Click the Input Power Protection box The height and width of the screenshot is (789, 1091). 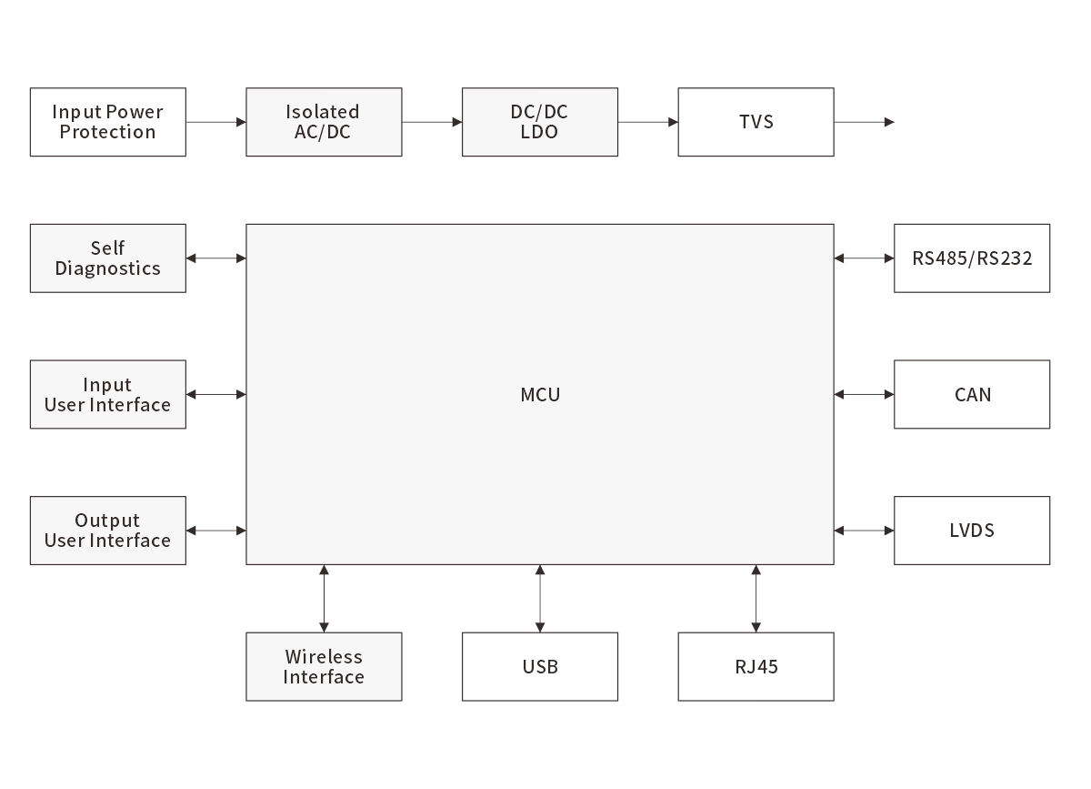(107, 122)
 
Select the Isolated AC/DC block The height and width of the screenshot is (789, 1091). (324, 122)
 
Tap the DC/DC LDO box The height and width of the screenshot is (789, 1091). (540, 122)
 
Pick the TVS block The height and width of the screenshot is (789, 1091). (756, 122)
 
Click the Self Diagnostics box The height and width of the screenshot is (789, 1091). (107, 258)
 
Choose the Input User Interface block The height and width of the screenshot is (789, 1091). (107, 394)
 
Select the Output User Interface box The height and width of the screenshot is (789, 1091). (107, 531)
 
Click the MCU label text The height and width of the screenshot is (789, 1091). (540, 395)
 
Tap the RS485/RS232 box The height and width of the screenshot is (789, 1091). (972, 258)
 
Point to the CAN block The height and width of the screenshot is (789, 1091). (972, 394)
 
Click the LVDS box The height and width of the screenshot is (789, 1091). (972, 531)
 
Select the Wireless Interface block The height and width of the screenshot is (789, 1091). (324, 666)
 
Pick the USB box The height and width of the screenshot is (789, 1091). (540, 666)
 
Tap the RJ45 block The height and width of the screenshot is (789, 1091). (756, 666)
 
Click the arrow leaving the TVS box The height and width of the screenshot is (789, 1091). (864, 122)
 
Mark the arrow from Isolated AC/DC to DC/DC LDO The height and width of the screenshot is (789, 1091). (432, 122)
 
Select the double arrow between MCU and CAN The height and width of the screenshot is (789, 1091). (864, 394)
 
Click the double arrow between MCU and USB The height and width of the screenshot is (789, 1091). (540, 598)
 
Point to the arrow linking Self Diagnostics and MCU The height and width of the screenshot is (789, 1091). (215, 258)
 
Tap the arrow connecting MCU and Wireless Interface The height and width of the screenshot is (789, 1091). (324, 598)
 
